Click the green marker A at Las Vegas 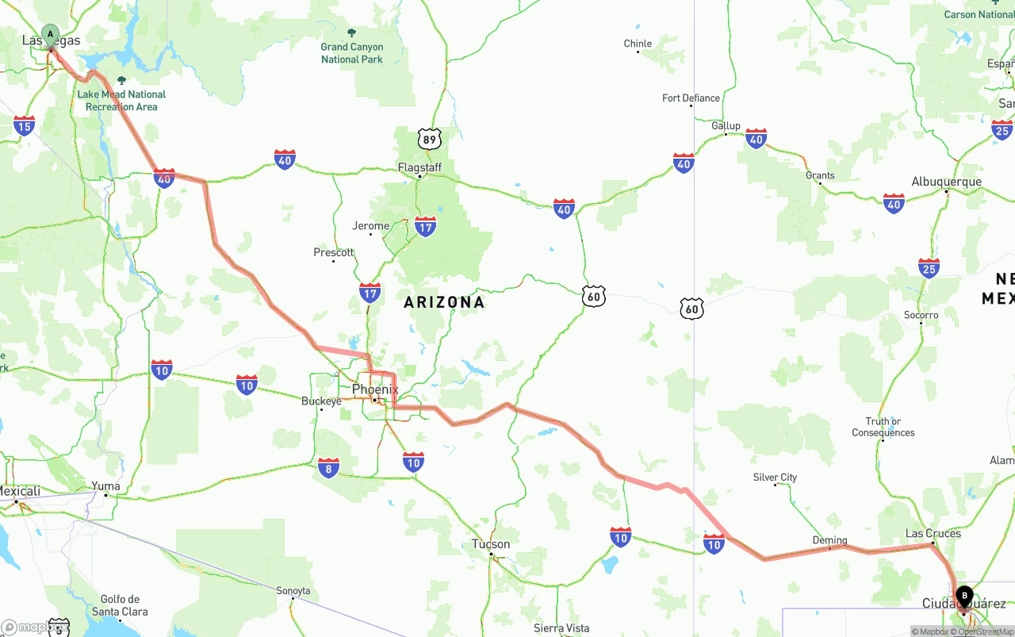click(50, 34)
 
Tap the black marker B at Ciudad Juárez click(964, 595)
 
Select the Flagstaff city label click(419, 167)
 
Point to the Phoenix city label click(375, 389)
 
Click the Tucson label click(491, 544)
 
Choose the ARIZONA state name click(444, 302)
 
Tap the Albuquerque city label click(946, 182)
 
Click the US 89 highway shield click(429, 140)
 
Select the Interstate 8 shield click(328, 467)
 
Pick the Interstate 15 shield click(24, 125)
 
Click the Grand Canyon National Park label click(351, 53)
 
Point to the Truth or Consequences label click(883, 427)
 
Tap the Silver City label click(775, 478)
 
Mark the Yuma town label click(105, 486)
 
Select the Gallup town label click(726, 125)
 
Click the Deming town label click(829, 540)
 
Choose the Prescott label click(333, 252)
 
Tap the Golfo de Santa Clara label click(120, 605)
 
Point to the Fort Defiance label click(691, 98)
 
